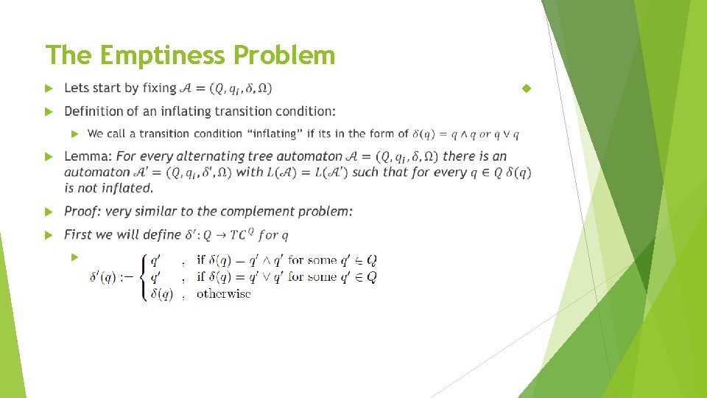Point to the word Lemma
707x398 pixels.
click(x=88, y=156)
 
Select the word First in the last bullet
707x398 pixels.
click(x=80, y=234)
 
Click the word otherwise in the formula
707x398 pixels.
click(x=223, y=293)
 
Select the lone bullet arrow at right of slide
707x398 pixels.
click(x=526, y=88)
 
